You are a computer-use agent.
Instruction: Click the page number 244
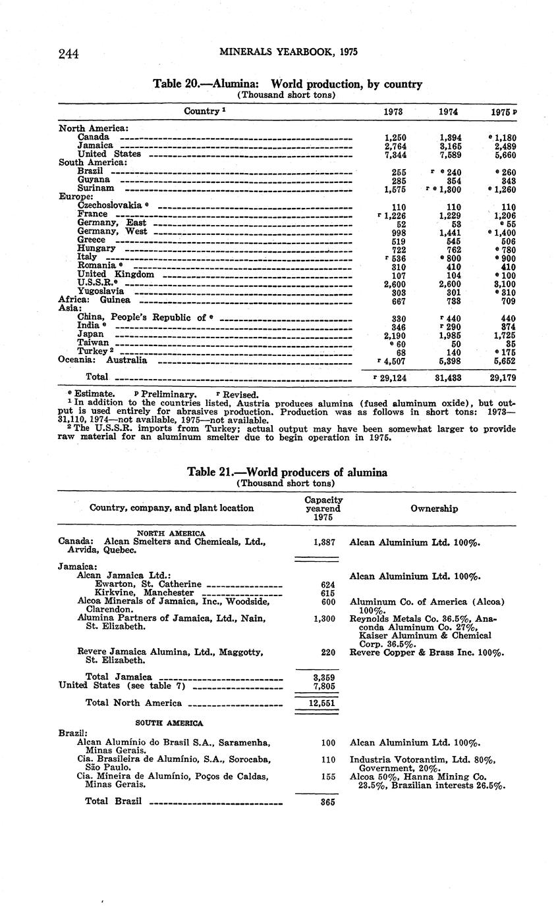pyautogui.click(x=69, y=54)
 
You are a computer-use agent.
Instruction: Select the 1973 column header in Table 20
pyautogui.click(x=393, y=112)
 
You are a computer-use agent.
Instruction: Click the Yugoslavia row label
pyautogui.click(x=100, y=291)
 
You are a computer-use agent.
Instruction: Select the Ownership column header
pyautogui.click(x=434, y=508)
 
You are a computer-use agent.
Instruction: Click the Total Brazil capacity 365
pyautogui.click(x=328, y=802)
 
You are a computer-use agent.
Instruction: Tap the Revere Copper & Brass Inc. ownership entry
pyautogui.click(x=427, y=653)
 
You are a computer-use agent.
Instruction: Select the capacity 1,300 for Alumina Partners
pyautogui.click(x=323, y=618)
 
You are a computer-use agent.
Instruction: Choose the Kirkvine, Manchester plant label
pyautogui.click(x=144, y=593)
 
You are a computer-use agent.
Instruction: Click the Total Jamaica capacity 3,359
pyautogui.click(x=323, y=676)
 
